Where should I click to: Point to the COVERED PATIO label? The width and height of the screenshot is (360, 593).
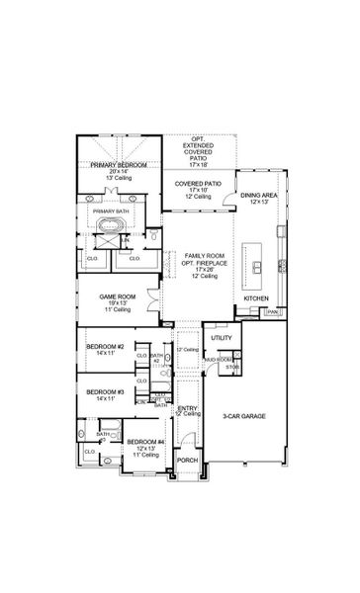199,185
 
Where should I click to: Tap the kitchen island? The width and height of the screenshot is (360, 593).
258,266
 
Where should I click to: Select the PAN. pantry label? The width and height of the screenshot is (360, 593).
272,312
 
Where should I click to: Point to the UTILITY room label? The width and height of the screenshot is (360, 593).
222,338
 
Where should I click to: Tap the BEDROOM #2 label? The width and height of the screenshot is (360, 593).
104,348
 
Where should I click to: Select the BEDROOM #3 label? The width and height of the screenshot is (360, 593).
104,392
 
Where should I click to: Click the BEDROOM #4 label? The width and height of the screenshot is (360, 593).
145,442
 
